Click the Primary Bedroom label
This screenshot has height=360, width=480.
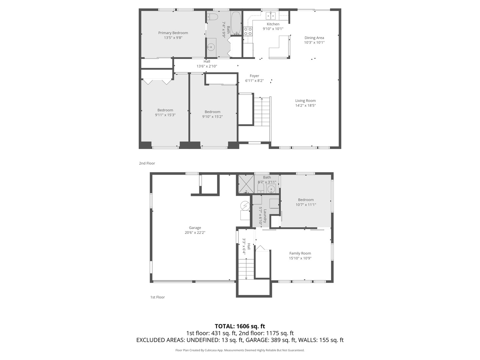(x=173, y=33)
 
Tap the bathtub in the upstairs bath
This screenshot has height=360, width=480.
(x=236, y=23)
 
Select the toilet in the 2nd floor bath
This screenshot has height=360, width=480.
(x=212, y=16)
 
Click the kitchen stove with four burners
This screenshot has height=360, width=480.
(x=248, y=31)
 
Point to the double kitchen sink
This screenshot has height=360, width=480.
(x=270, y=16)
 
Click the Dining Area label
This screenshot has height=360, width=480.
(x=314, y=38)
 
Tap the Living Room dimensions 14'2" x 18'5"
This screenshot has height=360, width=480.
(x=305, y=105)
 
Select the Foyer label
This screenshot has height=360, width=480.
(x=254, y=76)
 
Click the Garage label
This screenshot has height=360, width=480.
(x=195, y=228)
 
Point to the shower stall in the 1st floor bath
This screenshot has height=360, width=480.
(x=245, y=184)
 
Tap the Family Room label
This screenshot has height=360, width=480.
(x=300, y=253)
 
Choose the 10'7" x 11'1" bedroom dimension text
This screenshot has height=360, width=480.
(x=306, y=205)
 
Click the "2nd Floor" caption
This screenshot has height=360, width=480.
(x=147, y=163)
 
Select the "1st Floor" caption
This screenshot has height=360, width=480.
(x=157, y=297)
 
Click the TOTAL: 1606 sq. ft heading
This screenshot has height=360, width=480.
(x=240, y=326)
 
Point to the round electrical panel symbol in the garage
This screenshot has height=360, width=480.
(x=245, y=206)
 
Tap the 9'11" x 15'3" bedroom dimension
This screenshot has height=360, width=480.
(x=165, y=115)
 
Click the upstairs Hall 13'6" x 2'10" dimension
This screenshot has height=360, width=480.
(x=207, y=66)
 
